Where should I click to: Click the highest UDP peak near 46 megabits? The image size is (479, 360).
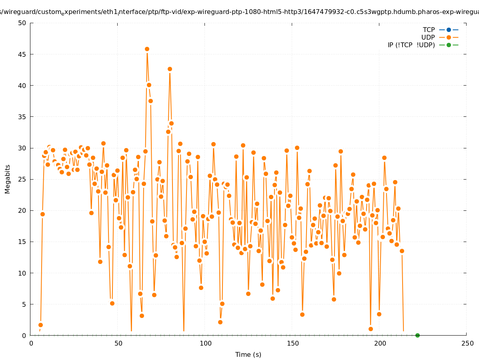coord(147,49)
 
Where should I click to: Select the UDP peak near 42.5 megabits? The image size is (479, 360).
coord(170,69)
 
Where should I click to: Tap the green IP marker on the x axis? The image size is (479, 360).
coord(417,335)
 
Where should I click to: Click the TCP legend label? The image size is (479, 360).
coord(429,30)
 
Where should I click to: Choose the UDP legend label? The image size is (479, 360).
coord(428,37)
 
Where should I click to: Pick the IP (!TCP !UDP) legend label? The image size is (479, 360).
coord(411,45)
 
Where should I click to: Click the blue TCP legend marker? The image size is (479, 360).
coord(449,30)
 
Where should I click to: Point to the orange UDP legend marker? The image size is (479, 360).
coord(449,37)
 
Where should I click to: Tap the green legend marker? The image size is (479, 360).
coord(449,45)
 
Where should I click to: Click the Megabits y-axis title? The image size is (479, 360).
coord(8,179)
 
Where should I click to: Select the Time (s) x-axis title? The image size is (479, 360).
coord(248,354)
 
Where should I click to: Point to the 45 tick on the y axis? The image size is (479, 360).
coord(22,54)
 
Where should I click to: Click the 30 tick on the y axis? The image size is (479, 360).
coord(22,148)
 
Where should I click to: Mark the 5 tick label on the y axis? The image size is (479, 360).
coord(24,304)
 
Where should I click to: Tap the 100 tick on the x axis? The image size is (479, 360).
coord(206,343)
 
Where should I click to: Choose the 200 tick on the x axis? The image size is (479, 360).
coord(380,343)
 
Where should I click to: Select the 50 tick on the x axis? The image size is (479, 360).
coord(118,343)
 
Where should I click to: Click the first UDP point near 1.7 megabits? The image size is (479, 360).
coord(40,325)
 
